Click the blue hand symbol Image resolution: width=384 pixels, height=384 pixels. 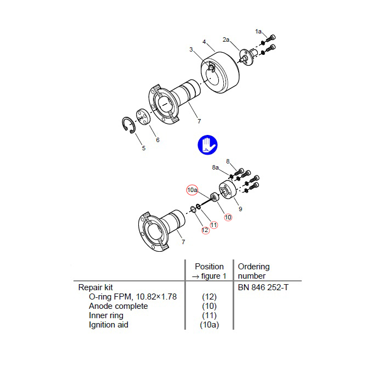pos(207,145)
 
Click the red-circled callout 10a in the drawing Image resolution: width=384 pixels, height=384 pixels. pos(193,190)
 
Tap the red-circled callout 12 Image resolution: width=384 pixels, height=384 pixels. pos(205,230)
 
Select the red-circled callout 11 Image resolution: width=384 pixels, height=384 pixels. pos(213,225)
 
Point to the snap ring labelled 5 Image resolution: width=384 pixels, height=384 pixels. pos(129,126)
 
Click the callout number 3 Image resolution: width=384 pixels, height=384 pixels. pos(191,50)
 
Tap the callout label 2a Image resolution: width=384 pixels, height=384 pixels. pos(226,39)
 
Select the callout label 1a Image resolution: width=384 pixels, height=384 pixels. pos(258,32)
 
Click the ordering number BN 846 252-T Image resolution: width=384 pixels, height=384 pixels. pos(263,287)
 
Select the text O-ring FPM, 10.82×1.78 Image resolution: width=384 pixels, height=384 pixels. pos(133,296)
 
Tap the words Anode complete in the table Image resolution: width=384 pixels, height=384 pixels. pos(118,306)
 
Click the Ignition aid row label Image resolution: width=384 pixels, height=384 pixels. pos(109,325)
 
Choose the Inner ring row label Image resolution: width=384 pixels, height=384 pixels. pos(106,315)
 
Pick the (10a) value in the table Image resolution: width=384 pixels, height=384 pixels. pos(210,325)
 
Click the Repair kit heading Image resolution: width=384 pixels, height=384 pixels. pos(95,287)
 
